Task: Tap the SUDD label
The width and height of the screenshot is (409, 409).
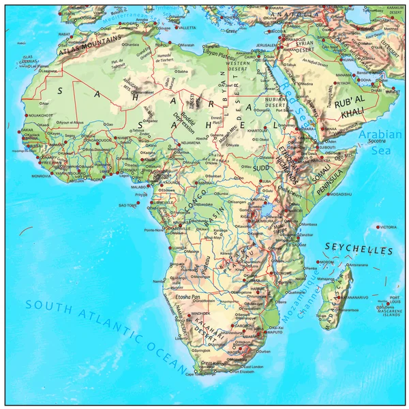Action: [261, 166]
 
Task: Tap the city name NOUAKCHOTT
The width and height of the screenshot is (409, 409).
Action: [40, 116]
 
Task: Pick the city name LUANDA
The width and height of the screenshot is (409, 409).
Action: [180, 249]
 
